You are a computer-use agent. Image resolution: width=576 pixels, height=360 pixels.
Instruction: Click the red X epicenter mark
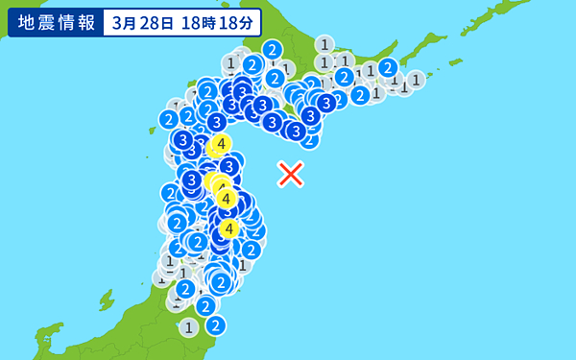tap(290, 174)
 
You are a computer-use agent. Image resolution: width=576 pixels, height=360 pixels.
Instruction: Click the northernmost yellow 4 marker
tap(221, 145)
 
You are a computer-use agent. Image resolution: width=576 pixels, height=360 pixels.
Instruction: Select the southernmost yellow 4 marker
tap(228, 228)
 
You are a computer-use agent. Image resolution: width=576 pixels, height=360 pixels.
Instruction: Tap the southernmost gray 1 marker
tap(188, 327)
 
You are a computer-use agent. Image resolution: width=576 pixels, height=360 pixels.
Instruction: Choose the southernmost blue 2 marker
tap(215, 325)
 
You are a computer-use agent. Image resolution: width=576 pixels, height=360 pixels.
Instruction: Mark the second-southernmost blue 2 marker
tap(205, 306)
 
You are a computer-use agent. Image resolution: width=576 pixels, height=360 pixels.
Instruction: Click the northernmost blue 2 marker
tap(273, 50)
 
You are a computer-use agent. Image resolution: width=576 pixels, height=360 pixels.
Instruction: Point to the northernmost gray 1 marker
tap(324, 44)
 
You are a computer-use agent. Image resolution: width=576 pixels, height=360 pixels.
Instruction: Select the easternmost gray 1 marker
tap(416, 79)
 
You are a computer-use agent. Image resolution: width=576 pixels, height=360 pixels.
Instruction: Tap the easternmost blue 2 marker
tap(388, 67)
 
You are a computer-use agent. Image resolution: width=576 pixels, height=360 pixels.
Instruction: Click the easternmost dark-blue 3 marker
tap(326, 103)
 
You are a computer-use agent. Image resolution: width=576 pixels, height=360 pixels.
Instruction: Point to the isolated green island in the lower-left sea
tap(106, 300)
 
